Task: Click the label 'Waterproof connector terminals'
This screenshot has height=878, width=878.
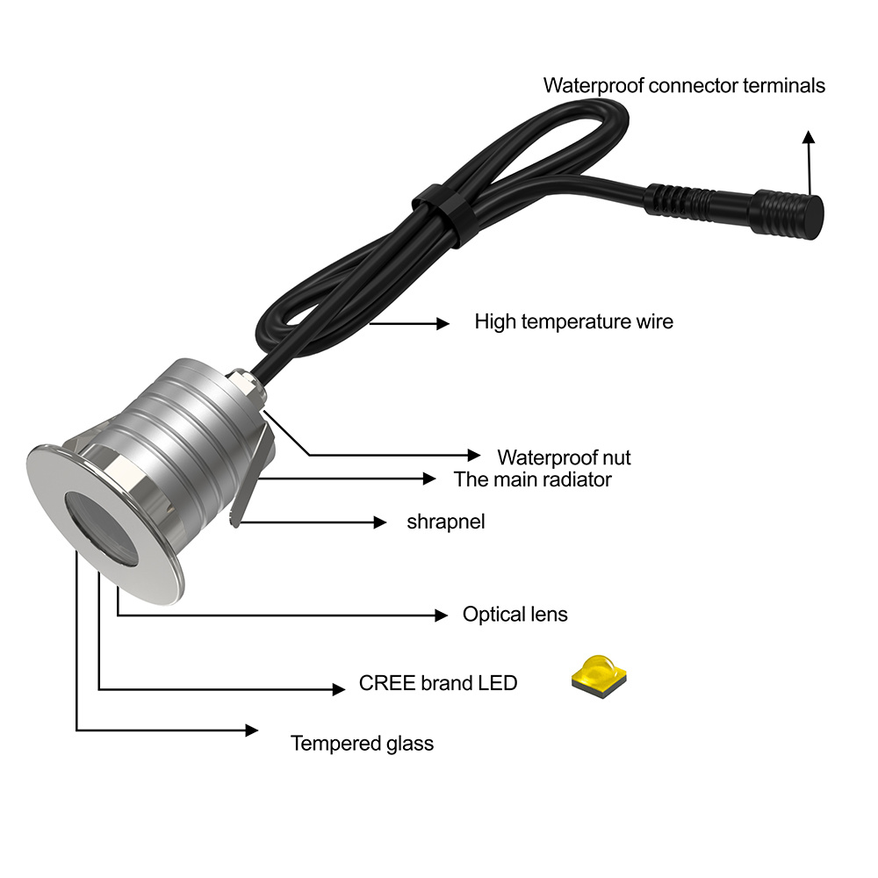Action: (684, 86)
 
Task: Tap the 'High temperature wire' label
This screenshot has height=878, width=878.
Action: (573, 321)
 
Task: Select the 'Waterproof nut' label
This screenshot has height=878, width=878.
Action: (564, 457)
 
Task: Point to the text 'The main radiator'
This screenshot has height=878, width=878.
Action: (532, 479)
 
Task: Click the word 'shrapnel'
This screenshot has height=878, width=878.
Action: (445, 522)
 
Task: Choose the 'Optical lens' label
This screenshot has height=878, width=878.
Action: (515, 614)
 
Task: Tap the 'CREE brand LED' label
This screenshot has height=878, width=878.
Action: (437, 683)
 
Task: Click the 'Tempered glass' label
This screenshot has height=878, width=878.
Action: (362, 744)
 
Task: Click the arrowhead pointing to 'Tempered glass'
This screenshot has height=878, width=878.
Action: (252, 730)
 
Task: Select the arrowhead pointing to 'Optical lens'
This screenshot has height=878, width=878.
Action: (442, 615)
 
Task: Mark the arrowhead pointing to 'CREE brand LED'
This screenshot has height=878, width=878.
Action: (338, 689)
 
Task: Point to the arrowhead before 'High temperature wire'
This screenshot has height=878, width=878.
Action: (443, 323)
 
